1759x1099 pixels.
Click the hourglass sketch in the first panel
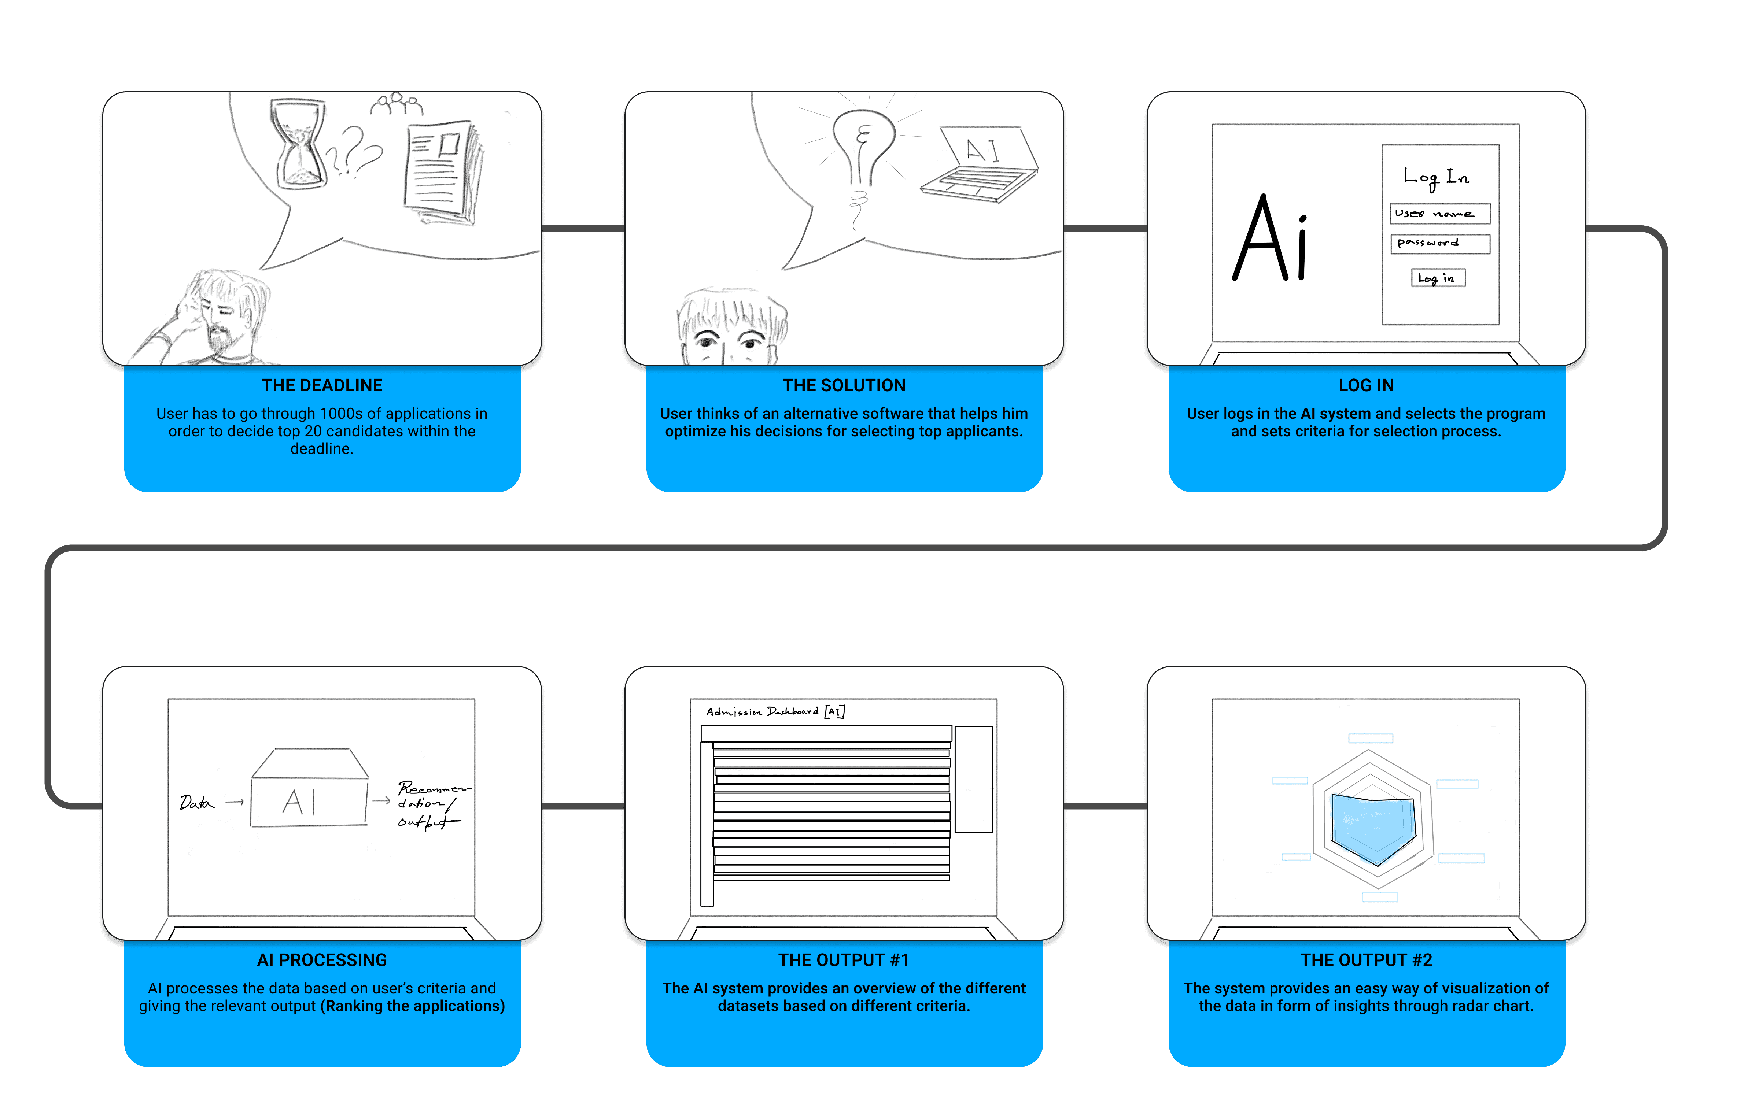pyautogui.click(x=298, y=144)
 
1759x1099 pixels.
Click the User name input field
pyautogui.click(x=1439, y=214)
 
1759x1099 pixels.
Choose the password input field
pyautogui.click(x=1439, y=244)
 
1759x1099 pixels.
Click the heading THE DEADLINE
pyautogui.click(x=322, y=385)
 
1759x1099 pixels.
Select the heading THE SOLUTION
pyautogui.click(x=844, y=385)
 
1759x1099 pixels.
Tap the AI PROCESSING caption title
pyautogui.click(x=322, y=960)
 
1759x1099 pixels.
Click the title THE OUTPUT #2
pyautogui.click(x=1366, y=960)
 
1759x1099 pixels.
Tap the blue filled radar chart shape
pyautogui.click(x=1372, y=829)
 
